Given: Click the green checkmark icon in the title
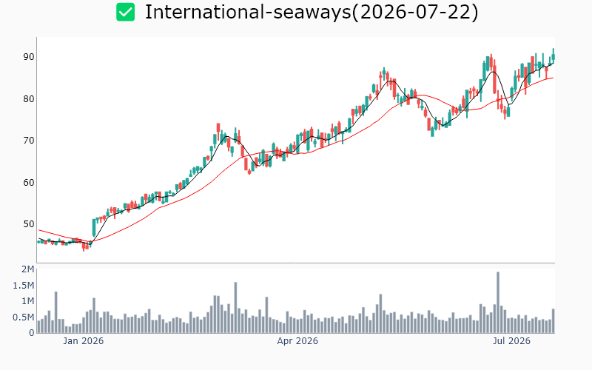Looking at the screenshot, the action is pos(125,12).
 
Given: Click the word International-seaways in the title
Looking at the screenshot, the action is pos(248,12).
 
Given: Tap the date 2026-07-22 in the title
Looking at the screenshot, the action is pos(414,12).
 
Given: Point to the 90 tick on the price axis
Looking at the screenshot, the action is pos(29,57).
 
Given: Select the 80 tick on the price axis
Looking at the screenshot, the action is pos(29,99).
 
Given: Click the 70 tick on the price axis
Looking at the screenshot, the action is pos(29,141).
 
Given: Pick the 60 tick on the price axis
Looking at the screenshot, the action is pos(29,182).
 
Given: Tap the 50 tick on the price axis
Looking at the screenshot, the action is pos(29,224).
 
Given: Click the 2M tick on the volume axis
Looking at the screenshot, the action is pos(28,269).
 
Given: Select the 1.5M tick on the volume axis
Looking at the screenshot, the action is pos(24,286).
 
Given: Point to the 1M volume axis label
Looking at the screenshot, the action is pos(28,301).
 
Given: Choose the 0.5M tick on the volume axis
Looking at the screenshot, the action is pos(24,317).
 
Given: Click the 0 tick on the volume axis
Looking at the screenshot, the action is pos(32,333).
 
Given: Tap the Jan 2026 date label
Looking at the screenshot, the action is pos(83,341).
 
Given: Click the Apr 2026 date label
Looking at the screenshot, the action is pos(297,341).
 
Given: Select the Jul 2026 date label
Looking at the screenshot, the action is pos(511,341).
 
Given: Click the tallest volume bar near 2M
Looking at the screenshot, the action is pos(498,303).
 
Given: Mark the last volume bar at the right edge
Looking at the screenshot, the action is pos(553,321).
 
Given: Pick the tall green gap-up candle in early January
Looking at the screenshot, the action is pos(94,228).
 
